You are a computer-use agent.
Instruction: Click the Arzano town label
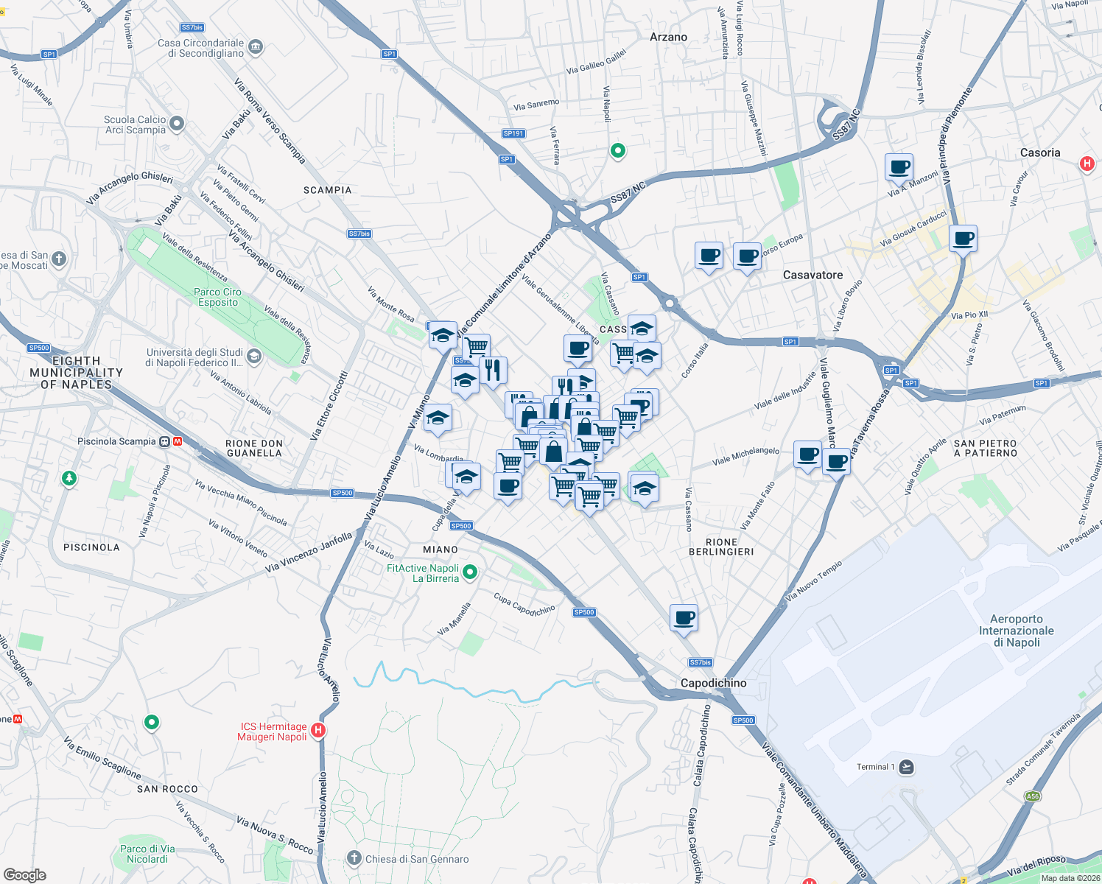(668, 37)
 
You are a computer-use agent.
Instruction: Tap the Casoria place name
(1040, 152)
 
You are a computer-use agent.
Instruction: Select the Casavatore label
(813, 275)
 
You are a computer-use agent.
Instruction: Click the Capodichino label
(713, 683)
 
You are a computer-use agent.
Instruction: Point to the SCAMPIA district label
(328, 190)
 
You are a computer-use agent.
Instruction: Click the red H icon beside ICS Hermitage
(318, 731)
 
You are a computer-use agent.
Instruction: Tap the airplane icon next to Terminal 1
(906, 767)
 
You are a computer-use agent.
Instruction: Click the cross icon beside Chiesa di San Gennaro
(354, 858)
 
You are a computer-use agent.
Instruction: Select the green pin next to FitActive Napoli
(471, 572)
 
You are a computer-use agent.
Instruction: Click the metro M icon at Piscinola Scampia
(178, 441)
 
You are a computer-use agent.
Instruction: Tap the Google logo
(25, 874)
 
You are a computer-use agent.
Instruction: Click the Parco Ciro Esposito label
(217, 297)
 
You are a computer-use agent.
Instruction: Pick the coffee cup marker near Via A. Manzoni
(899, 167)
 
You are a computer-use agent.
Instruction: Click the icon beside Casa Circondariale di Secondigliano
(256, 47)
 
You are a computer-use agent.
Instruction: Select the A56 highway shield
(1033, 796)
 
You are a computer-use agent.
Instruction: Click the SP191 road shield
(513, 133)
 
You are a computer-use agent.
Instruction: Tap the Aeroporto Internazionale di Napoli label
(1016, 631)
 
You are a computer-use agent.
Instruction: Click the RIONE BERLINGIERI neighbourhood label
(721, 547)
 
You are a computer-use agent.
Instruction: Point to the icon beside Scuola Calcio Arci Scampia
(177, 124)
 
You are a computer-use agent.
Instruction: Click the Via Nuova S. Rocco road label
(275, 834)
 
